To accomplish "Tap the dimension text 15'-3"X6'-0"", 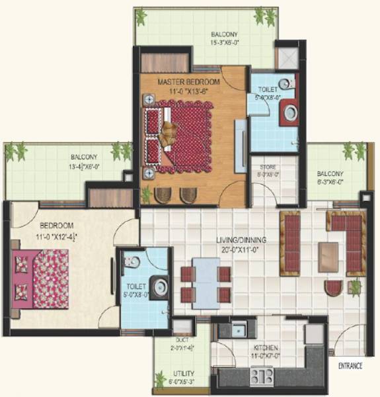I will click(225, 42).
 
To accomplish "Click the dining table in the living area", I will click(206, 281).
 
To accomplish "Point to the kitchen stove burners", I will click(262, 376).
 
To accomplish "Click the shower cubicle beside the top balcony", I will click(286, 57).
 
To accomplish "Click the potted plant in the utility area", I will click(161, 380).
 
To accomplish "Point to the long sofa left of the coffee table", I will click(290, 243).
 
